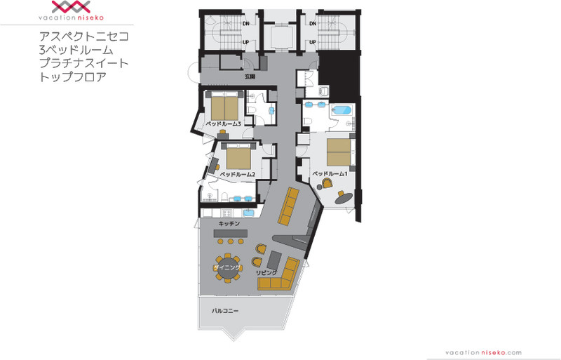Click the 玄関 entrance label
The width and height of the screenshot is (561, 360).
[x=250, y=76]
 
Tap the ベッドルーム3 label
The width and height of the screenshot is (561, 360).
[x=223, y=124]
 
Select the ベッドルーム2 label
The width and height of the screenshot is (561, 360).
[x=237, y=175]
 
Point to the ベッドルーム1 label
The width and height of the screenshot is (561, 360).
[x=330, y=174]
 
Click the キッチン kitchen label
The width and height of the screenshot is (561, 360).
[x=229, y=224]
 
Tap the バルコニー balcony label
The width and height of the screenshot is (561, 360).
[x=225, y=311]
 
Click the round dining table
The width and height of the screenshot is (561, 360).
[x=228, y=268]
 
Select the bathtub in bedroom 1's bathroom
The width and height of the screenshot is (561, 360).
[x=342, y=109]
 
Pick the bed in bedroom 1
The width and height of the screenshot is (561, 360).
[x=339, y=152]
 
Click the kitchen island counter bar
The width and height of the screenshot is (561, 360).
[x=231, y=234]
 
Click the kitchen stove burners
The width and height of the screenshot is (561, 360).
[x=227, y=213]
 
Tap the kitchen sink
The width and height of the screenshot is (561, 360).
[x=249, y=213]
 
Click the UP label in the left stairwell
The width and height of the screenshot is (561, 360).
[x=246, y=42]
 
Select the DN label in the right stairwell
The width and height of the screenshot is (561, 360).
[x=313, y=24]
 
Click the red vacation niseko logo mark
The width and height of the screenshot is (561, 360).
[x=71, y=7]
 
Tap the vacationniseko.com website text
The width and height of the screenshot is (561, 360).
[x=483, y=353]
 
